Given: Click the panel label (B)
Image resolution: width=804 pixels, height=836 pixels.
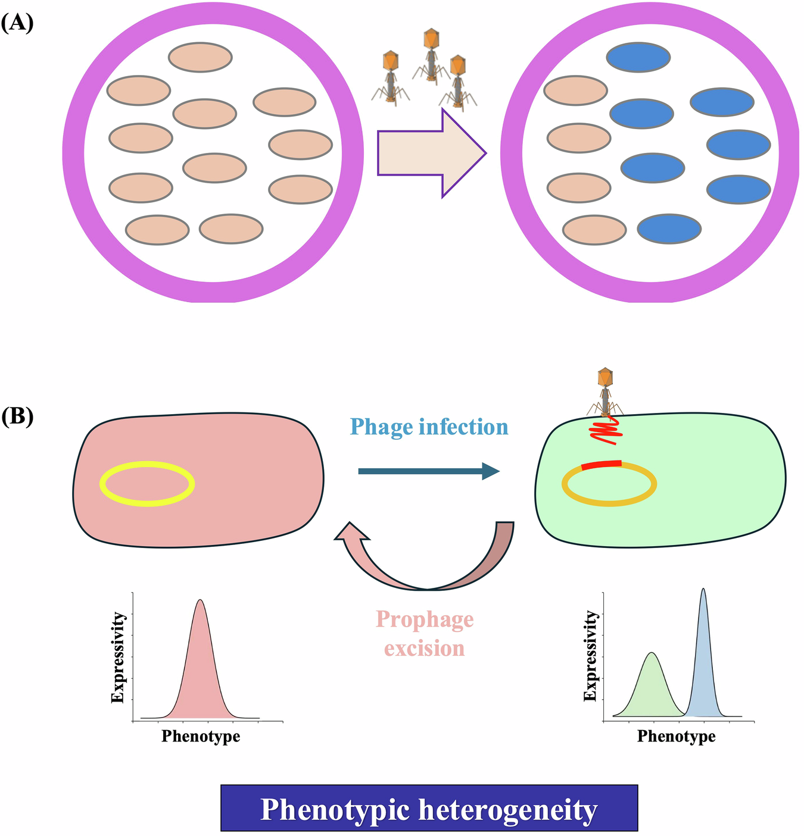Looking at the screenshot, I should pyautogui.click(x=17, y=416).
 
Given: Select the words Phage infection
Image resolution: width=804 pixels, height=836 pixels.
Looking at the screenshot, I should pyautogui.click(x=429, y=427).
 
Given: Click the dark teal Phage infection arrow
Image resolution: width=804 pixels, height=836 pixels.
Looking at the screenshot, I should pyautogui.click(x=428, y=471).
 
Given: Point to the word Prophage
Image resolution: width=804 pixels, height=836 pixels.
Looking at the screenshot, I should pyautogui.click(x=425, y=619).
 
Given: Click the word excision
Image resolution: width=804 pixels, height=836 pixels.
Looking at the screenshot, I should pyautogui.click(x=424, y=648).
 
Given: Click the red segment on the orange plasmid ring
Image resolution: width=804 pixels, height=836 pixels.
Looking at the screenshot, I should pyautogui.click(x=602, y=465).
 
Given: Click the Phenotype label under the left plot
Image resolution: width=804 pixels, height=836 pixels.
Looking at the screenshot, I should pyautogui.click(x=201, y=737).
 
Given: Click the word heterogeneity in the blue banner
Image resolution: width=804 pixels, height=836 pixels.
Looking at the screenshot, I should pyautogui.click(x=506, y=810).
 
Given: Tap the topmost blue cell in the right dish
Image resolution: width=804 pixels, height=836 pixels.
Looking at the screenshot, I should pyautogui.click(x=638, y=57).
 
